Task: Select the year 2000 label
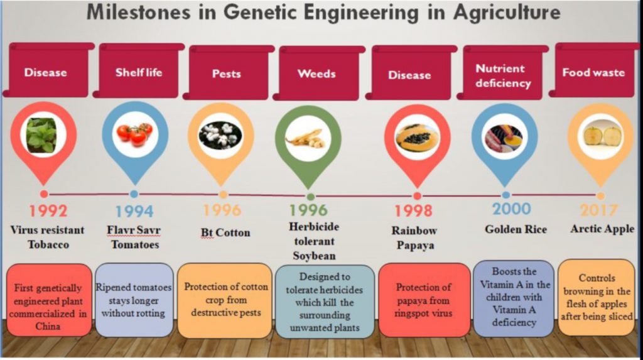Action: coord(511,209)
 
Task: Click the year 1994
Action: coord(134,211)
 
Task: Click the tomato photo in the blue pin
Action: coord(134,133)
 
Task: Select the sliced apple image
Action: coord(600,134)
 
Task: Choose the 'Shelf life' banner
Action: coord(139,72)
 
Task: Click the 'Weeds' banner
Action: coord(316,74)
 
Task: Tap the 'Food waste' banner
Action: coord(593,72)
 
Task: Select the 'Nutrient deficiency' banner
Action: coord(503,76)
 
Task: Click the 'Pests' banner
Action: coord(227,74)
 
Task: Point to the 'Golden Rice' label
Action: coord(511,229)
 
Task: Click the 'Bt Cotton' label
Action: coord(225,232)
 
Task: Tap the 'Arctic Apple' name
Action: coord(602,229)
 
